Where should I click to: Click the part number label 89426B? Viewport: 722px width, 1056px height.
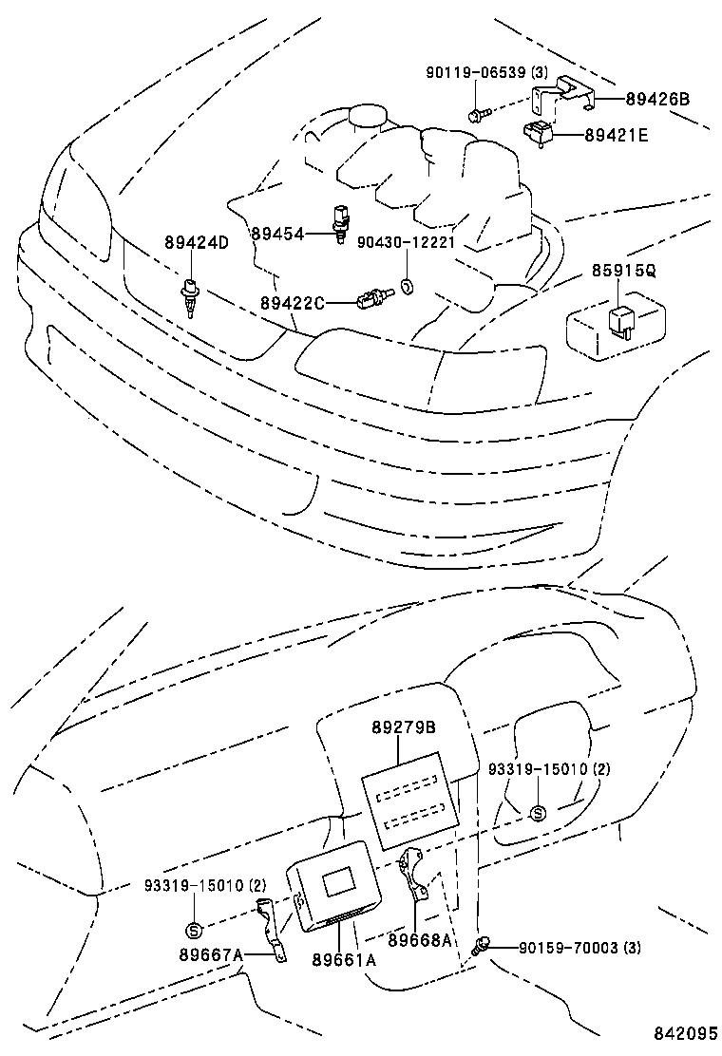[658, 98]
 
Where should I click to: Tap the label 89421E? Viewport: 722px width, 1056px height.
[616, 136]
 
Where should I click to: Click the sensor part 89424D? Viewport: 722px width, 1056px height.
[190, 295]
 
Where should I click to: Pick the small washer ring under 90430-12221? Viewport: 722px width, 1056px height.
[407, 285]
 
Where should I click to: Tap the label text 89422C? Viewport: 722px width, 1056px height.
[293, 303]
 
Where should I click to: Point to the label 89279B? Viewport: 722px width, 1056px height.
[403, 727]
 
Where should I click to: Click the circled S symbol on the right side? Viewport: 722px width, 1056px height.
[538, 812]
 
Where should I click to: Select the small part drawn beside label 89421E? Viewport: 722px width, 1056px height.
[540, 133]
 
